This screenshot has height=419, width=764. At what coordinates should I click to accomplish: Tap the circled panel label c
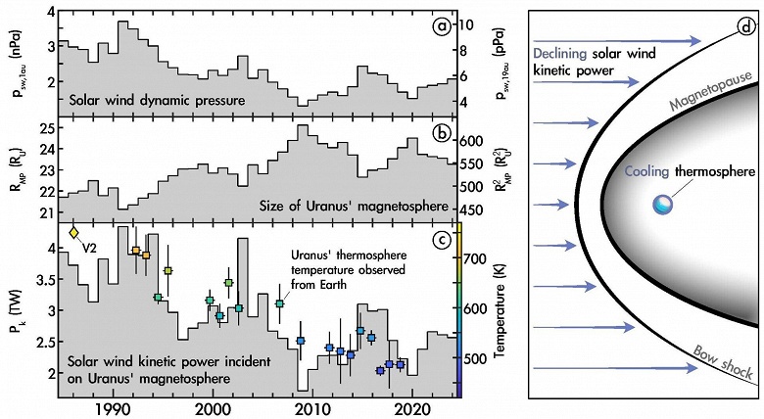443,238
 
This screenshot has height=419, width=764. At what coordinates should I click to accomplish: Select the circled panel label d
746,26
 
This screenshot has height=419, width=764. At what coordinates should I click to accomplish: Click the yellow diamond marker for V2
74,233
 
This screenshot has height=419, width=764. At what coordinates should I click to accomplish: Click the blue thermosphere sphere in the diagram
663,205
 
